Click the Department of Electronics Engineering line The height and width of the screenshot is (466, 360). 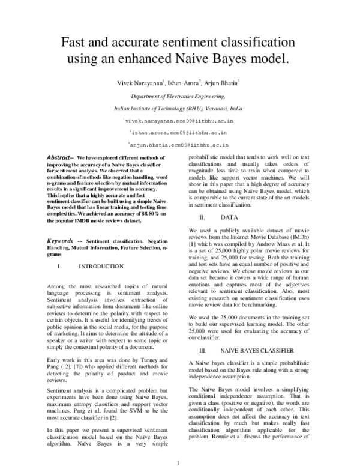click(178, 96)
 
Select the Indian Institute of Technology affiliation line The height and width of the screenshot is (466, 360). click(178, 109)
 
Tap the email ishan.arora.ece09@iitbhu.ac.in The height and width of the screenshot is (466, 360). click(179, 133)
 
